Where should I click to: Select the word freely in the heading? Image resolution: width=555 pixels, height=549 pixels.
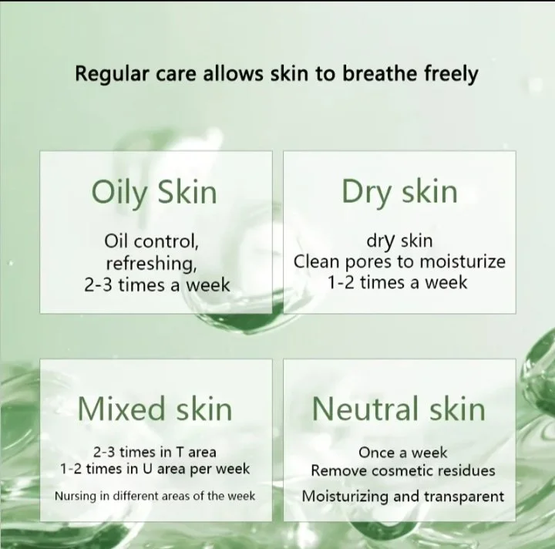[451, 74]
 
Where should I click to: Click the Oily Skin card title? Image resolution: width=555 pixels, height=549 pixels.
[154, 193]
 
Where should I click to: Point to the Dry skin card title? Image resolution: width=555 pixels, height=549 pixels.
[399, 192]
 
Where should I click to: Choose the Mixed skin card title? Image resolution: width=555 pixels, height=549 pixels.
[155, 409]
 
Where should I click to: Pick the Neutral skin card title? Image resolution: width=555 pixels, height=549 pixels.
[399, 409]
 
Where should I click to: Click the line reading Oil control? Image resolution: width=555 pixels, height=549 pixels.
[152, 241]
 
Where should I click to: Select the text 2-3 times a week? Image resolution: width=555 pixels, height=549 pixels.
[157, 285]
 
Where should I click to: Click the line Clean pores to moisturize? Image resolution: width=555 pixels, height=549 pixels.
[399, 262]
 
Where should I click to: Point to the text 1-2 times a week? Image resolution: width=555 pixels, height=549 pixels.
[397, 282]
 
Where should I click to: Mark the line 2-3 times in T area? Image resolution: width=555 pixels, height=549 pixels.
[155, 452]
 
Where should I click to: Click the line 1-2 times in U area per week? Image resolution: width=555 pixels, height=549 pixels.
[155, 470]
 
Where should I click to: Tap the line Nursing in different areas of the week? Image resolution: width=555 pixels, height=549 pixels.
[155, 496]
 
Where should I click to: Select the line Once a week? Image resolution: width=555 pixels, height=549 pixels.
[403, 453]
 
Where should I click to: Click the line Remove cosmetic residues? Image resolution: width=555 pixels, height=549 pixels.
[403, 471]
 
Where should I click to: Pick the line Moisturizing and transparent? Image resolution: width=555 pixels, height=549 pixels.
[403, 497]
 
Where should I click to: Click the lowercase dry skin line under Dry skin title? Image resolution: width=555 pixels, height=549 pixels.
[399, 241]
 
